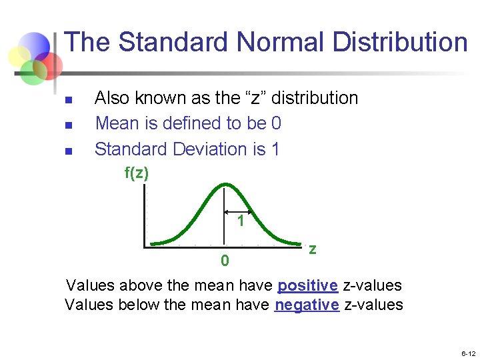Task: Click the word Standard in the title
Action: coord(173,42)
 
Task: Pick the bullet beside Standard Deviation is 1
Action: coord(68,151)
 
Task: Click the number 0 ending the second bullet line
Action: coord(277,123)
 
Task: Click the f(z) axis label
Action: coord(137,173)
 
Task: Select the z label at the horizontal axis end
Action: coord(312,249)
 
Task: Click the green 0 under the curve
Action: coord(225,260)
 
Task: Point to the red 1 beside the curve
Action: coord(240,221)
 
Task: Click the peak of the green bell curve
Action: coord(226,184)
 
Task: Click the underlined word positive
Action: coord(308,285)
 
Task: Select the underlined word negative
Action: coord(307,305)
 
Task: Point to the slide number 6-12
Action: coord(467,353)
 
